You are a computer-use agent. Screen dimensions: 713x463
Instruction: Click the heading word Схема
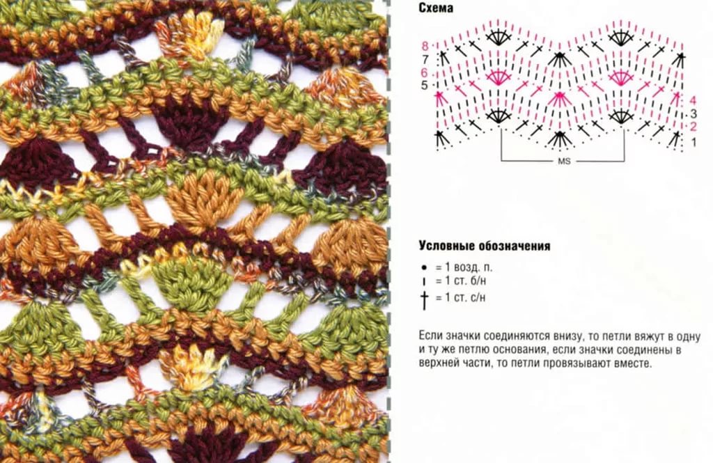tap(436, 8)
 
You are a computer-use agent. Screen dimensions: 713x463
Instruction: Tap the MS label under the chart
tap(564, 162)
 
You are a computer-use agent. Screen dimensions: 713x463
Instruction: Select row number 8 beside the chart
tap(425, 46)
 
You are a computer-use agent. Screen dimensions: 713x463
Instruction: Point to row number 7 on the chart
tap(425, 59)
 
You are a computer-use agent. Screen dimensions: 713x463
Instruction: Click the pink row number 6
tap(424, 73)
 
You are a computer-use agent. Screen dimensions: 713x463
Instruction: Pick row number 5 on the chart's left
tap(424, 86)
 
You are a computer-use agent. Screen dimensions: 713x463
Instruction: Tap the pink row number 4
tap(693, 100)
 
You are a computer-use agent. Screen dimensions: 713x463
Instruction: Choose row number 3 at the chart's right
tap(693, 113)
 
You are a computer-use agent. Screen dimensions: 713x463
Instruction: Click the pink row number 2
tap(693, 127)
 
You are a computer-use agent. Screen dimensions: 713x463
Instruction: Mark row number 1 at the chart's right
tap(694, 142)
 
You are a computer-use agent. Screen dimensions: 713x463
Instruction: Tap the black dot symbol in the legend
tap(424, 267)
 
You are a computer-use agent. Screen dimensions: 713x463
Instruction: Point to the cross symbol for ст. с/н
tap(424, 299)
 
